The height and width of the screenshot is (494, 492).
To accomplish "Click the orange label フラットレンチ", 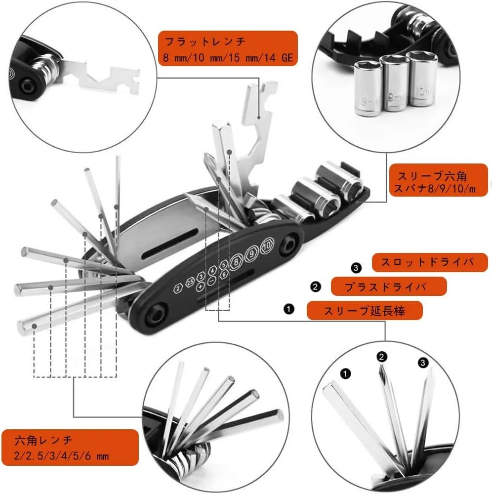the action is (228, 48).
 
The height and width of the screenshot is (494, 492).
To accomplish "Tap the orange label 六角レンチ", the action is (70, 448).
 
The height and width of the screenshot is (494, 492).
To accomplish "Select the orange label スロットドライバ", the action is (430, 262).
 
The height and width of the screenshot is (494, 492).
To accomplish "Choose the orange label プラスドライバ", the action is (389, 287).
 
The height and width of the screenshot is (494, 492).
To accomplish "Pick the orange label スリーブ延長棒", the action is (365, 310).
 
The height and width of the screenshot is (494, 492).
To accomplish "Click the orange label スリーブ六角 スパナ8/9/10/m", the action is (439, 180).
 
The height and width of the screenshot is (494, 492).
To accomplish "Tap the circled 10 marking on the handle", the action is (267, 245).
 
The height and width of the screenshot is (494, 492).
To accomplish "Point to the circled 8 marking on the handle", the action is (236, 262).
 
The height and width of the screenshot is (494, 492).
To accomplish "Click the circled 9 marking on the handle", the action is (251, 253).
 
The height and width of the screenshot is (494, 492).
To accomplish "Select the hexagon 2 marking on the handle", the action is (178, 288).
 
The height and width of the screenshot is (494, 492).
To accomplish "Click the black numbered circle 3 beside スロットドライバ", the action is (356, 268).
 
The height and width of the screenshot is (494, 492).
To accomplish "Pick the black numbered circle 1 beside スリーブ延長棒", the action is (289, 309).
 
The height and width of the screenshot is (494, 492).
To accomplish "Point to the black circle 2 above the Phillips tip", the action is (382, 357).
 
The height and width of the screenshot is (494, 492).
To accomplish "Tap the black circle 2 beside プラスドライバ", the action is (315, 287).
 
